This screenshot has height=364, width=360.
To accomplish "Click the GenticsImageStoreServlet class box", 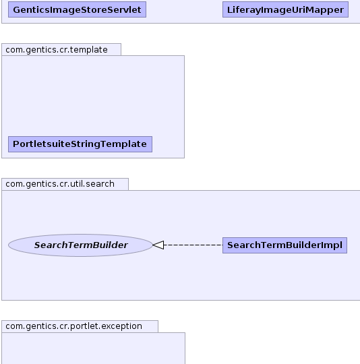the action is (77, 9).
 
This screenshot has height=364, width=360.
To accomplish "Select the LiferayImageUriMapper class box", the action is (285, 9).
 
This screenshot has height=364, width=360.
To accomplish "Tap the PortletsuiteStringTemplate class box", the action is (80, 144).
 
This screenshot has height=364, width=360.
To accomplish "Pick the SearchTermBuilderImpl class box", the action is (284, 245).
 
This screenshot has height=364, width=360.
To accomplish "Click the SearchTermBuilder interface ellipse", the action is (80, 245).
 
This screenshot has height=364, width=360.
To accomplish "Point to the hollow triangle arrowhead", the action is (158, 245).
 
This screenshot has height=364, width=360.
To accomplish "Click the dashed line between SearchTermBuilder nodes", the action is (193, 245).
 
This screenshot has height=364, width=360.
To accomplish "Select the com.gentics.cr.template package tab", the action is (61, 49).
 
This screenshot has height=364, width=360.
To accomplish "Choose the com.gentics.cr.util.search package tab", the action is (65, 184).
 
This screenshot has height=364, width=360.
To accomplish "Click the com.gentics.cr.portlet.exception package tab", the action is (80, 327).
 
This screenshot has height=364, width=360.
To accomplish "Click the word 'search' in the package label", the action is (100, 184).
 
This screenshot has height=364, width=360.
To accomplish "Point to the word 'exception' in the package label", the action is (121, 326).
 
